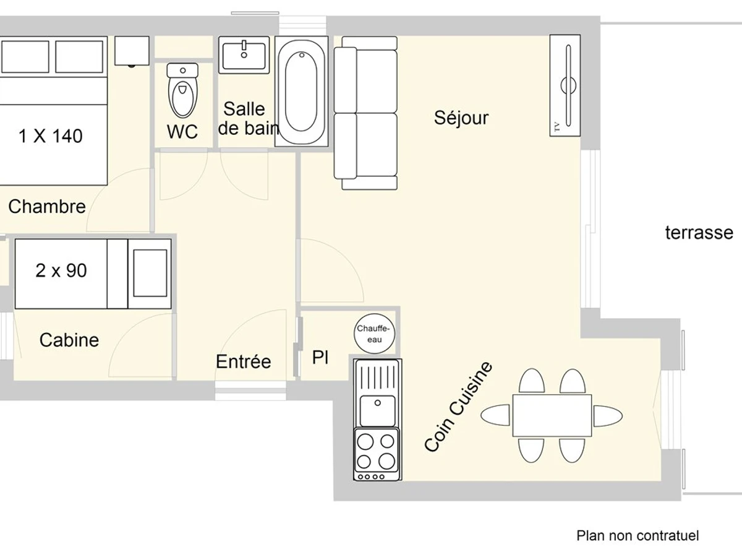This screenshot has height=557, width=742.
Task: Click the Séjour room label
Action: pos(461,118)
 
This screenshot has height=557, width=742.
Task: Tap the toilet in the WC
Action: pos(182,90)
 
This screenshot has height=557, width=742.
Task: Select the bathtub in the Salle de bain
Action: pos(302,92)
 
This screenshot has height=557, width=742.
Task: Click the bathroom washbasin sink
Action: pos(244,55)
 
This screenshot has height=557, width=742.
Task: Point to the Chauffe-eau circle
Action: pos(374,334)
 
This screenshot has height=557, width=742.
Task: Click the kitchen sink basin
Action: pos(377,410)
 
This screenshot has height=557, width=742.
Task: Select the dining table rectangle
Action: pos(552,415)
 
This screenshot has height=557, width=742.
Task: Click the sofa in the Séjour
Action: pos(366,113)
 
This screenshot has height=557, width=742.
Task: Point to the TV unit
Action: pos(565,85)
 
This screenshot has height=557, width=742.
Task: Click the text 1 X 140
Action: pos(51,136)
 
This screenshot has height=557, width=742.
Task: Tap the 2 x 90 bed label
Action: pos(61,270)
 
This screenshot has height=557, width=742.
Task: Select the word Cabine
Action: pos(69,340)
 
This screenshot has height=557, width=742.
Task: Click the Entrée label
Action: pos(244,361)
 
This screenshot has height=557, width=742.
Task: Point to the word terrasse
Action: pos(699,233)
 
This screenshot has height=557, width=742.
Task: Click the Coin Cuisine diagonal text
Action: pos(458,407)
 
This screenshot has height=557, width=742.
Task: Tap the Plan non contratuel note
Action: pos(638,535)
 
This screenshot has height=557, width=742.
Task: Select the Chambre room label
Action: pos(47,206)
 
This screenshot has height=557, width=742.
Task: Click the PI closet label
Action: pos(320,358)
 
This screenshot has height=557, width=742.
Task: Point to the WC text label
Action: pos(182,131)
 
